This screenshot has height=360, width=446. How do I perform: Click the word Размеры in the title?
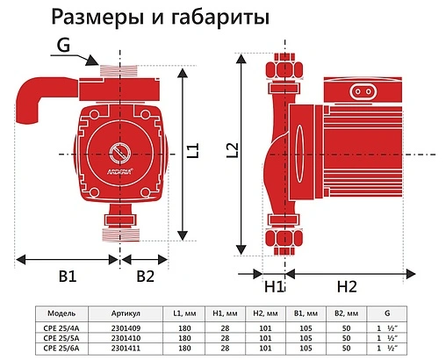pyautogui.click(x=115, y=18)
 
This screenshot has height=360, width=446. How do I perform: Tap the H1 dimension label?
pyautogui.click(x=273, y=287)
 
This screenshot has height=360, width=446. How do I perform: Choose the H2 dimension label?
pyautogui.click(x=347, y=287)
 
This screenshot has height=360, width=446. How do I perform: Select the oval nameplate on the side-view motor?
pyautogui.click(x=363, y=90)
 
